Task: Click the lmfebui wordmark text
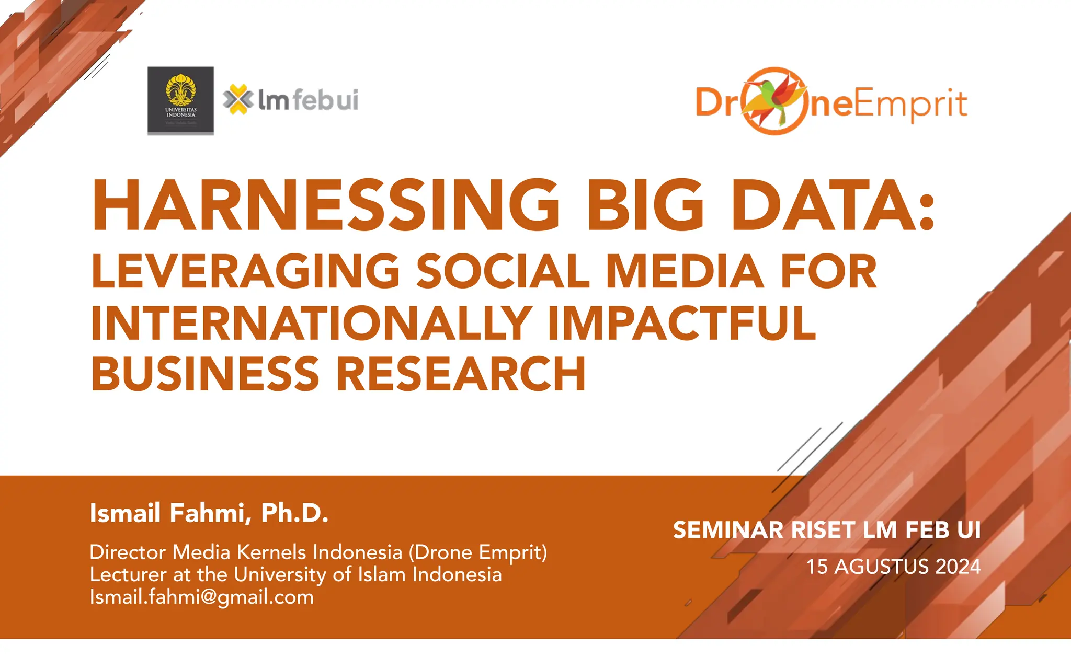click(308, 99)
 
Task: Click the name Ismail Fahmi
click(167, 513)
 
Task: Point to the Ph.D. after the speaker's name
click(294, 513)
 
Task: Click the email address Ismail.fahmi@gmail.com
click(201, 597)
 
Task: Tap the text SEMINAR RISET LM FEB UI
click(826, 530)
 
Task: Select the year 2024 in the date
click(958, 567)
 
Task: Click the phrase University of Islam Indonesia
click(368, 574)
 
